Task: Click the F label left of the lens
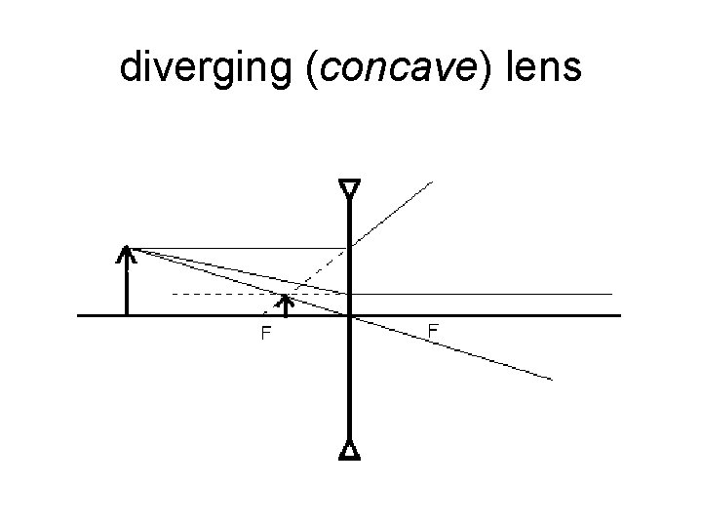(264, 334)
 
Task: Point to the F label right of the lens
(433, 332)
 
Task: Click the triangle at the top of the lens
(349, 187)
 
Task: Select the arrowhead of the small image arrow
(285, 301)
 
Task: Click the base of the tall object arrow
(127, 314)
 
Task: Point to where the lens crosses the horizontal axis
(349, 315)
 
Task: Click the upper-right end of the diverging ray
(432, 182)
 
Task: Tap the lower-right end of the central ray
(551, 378)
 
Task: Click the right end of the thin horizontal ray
(611, 293)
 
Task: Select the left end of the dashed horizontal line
(173, 293)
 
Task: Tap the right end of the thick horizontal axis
(619, 315)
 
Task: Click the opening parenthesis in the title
(311, 68)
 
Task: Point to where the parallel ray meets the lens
(349, 248)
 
